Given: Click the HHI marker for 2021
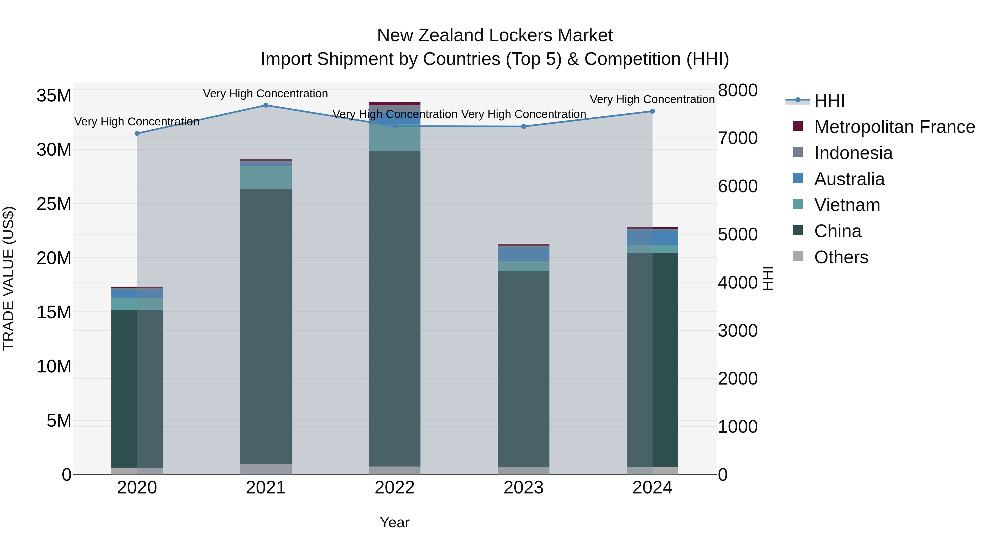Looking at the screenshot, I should pos(266,105).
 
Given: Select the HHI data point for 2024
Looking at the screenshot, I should pos(652,111).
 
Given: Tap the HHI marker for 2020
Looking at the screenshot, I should pos(137,133).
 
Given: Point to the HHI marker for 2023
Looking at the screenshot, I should pos(523,127).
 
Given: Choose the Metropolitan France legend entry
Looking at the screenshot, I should pos(894,127).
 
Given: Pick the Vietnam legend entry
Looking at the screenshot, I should pos(847,205).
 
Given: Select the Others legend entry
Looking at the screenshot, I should pos(841,257).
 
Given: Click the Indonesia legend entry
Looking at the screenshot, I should pos(853,153).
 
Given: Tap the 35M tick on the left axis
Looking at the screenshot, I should pos(54,95).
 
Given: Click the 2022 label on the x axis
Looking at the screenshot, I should pos(395,488).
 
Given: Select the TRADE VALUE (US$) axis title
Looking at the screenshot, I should pos(9,278).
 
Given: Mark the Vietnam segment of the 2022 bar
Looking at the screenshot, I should pos(395,138).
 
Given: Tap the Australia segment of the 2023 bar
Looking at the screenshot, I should pos(523,254).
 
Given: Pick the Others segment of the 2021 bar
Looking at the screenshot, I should pos(266,469).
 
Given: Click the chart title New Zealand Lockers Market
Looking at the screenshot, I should pos(495,35).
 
